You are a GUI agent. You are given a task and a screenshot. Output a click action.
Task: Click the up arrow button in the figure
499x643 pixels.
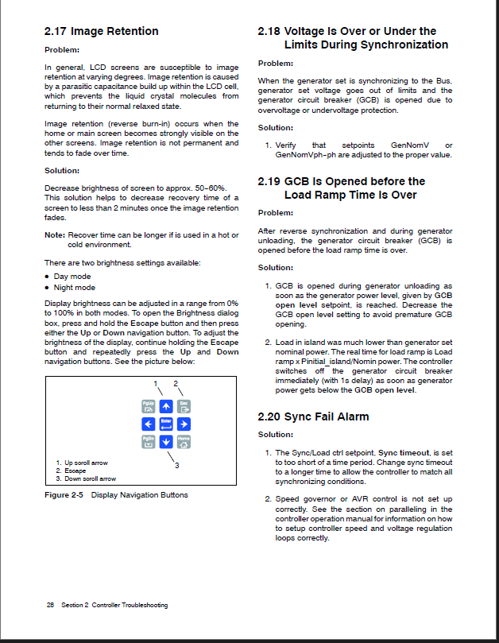tap(165, 405)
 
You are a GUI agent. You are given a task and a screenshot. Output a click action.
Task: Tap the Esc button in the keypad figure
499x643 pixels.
tap(184, 405)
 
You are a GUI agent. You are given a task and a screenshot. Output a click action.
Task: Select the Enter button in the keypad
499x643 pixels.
tap(165, 423)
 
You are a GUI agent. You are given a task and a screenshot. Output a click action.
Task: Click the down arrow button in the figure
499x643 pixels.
tap(165, 441)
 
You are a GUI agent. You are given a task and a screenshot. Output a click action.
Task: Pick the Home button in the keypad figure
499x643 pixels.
tap(184, 441)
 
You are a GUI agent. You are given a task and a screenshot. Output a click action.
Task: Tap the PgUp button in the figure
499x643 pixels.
tap(148, 405)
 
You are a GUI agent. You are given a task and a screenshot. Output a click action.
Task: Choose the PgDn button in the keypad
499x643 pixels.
tap(148, 441)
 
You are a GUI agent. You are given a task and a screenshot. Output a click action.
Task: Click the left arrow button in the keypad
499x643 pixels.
tap(148, 423)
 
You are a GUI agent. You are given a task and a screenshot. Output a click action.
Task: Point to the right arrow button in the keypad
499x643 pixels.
tap(184, 423)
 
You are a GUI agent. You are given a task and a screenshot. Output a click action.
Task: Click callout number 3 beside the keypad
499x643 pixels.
tap(176, 466)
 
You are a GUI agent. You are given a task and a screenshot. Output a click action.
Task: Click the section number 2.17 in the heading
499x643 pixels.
tap(56, 32)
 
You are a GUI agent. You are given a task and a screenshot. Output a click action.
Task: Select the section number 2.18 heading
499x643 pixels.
tap(269, 32)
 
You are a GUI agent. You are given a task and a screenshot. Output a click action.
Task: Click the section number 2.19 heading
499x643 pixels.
tap(269, 181)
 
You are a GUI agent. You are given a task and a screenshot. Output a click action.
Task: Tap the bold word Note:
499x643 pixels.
tap(54, 235)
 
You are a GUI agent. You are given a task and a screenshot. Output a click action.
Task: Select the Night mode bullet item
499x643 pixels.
tap(74, 288)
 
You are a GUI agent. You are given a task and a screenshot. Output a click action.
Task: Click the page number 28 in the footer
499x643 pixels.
tap(50, 605)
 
